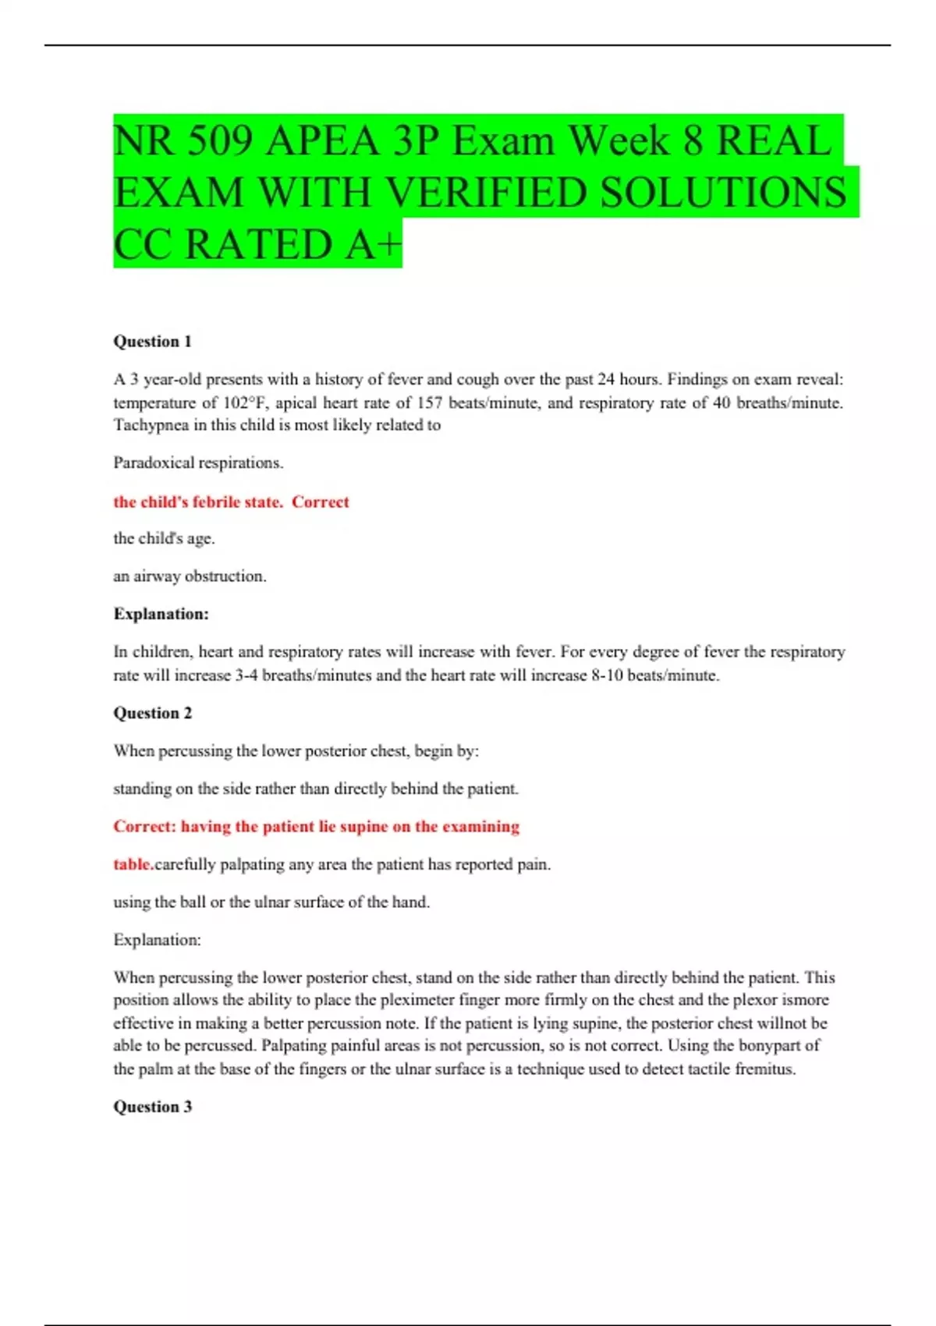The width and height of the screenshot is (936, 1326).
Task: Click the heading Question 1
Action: coord(152,341)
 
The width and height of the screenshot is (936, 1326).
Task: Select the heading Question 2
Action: coord(152,713)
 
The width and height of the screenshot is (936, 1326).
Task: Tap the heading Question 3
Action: coord(152,1107)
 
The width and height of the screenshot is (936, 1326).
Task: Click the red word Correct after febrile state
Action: coord(321,502)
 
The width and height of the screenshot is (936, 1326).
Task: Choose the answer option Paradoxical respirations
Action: coord(198,463)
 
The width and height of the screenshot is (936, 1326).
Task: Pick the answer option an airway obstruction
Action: coord(190,576)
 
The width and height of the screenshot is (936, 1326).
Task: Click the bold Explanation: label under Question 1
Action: coord(161,614)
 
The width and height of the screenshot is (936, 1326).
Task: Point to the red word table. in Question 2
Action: coord(133,864)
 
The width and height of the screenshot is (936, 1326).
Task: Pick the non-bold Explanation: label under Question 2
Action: coord(157,940)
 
